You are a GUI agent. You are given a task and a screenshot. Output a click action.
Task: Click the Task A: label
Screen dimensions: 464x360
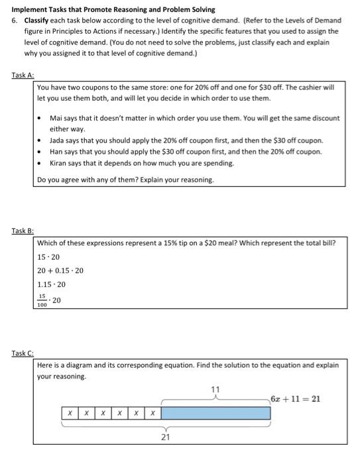pos(22,76)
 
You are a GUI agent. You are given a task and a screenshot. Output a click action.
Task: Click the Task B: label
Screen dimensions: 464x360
pos(22,230)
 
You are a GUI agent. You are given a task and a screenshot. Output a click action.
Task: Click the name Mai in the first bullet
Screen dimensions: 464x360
pos(56,118)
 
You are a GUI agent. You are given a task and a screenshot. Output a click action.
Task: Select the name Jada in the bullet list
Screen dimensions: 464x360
pos(58,141)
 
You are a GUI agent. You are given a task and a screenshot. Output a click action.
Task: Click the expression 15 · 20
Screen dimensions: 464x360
pos(49,257)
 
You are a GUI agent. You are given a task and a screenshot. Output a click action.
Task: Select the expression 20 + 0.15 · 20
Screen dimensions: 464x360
pos(61,270)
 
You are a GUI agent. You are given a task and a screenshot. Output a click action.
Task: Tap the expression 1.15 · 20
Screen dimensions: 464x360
pos(52,284)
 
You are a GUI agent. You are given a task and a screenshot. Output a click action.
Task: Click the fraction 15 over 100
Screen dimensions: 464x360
pos(42,300)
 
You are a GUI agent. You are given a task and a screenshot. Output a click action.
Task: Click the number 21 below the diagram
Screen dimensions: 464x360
pos(166,437)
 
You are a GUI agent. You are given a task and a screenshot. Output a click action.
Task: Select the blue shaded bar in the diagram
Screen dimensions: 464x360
pos(216,413)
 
